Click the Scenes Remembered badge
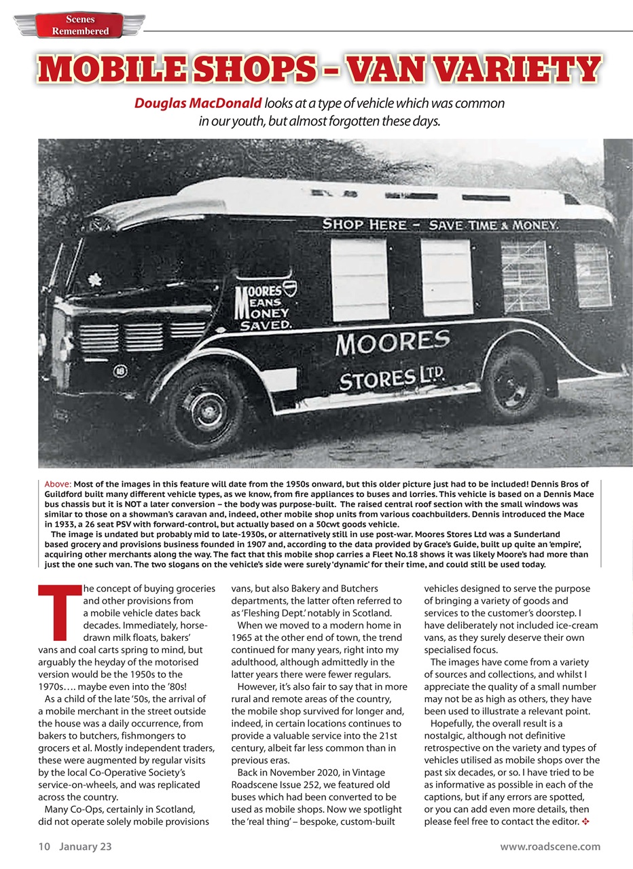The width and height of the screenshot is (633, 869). pos(80,25)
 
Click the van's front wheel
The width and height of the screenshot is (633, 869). pos(205,405)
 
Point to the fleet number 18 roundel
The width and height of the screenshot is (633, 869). pos(120,371)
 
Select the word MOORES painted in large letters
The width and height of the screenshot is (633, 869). pos(393,342)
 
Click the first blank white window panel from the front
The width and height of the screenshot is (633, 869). pos(359,279)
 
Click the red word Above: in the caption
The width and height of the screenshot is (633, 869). pos(58,484)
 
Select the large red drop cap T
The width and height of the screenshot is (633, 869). pos(58,612)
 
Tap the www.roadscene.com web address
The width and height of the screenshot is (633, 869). pos(549,846)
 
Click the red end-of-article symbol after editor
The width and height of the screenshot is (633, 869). pos(585,822)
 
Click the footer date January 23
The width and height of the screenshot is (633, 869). pos(85,846)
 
